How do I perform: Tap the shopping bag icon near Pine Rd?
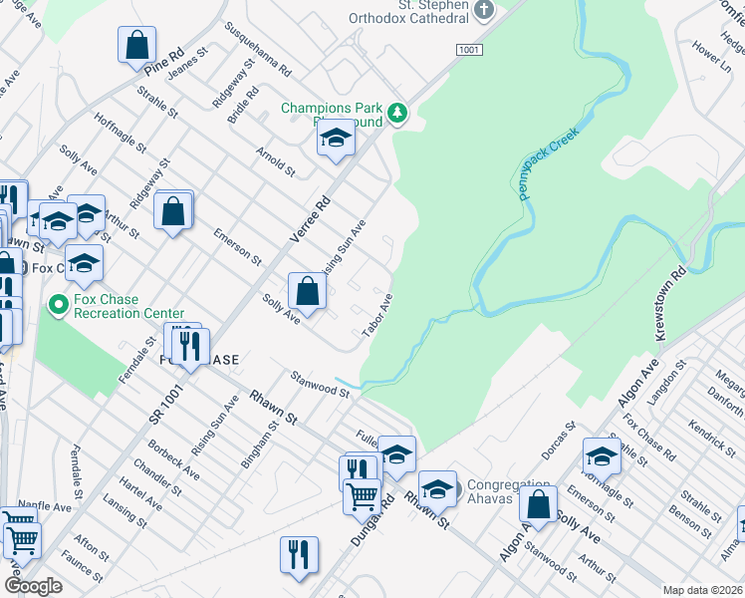[136, 45]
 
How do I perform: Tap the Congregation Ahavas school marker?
[436, 488]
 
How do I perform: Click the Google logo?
[32, 586]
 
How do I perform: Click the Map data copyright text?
[702, 590]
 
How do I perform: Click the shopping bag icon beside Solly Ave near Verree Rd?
[308, 291]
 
